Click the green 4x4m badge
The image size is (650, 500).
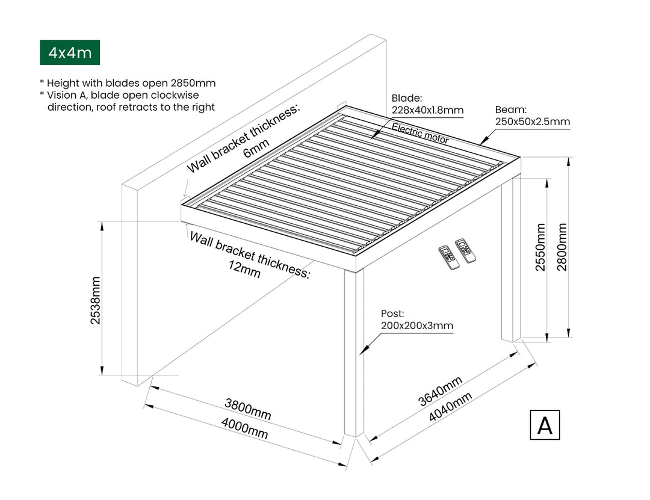click(x=70, y=53)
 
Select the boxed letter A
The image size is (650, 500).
click(x=545, y=425)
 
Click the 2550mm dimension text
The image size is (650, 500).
click(x=540, y=247)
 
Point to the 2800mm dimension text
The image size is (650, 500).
click(x=562, y=247)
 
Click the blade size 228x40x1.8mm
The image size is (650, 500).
click(x=427, y=110)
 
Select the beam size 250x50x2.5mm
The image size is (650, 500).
click(x=532, y=122)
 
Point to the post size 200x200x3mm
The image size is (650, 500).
click(x=416, y=326)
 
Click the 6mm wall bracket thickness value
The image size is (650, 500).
click(x=253, y=151)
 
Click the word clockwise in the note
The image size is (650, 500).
click(x=175, y=95)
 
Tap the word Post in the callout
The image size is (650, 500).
click(x=392, y=313)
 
